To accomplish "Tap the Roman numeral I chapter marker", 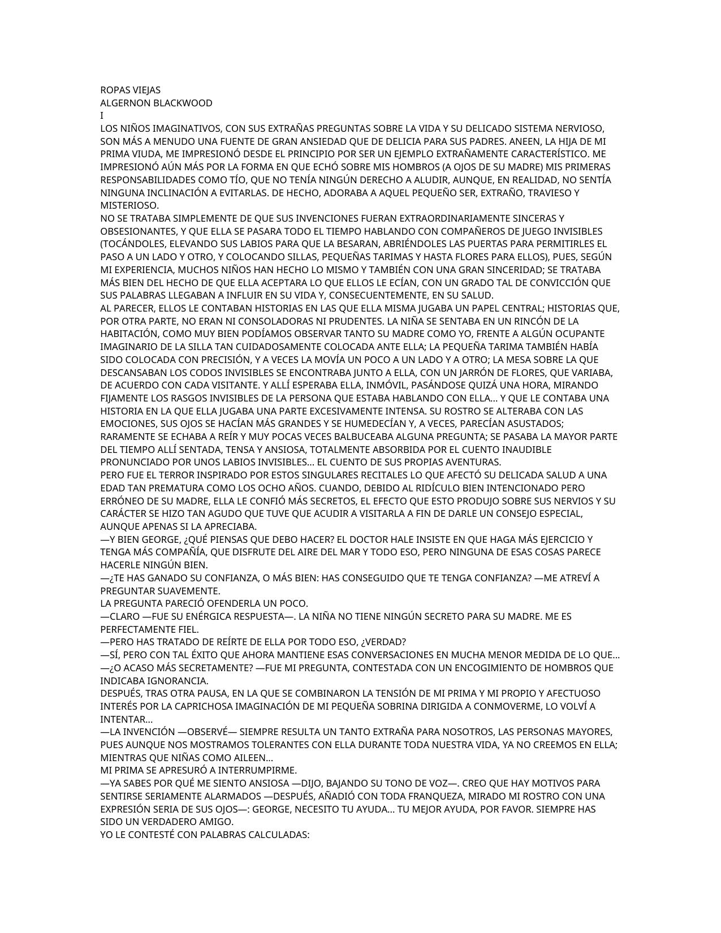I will (102, 116).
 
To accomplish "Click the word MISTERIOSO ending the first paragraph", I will (129, 205).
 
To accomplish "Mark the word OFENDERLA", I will (231, 603).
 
